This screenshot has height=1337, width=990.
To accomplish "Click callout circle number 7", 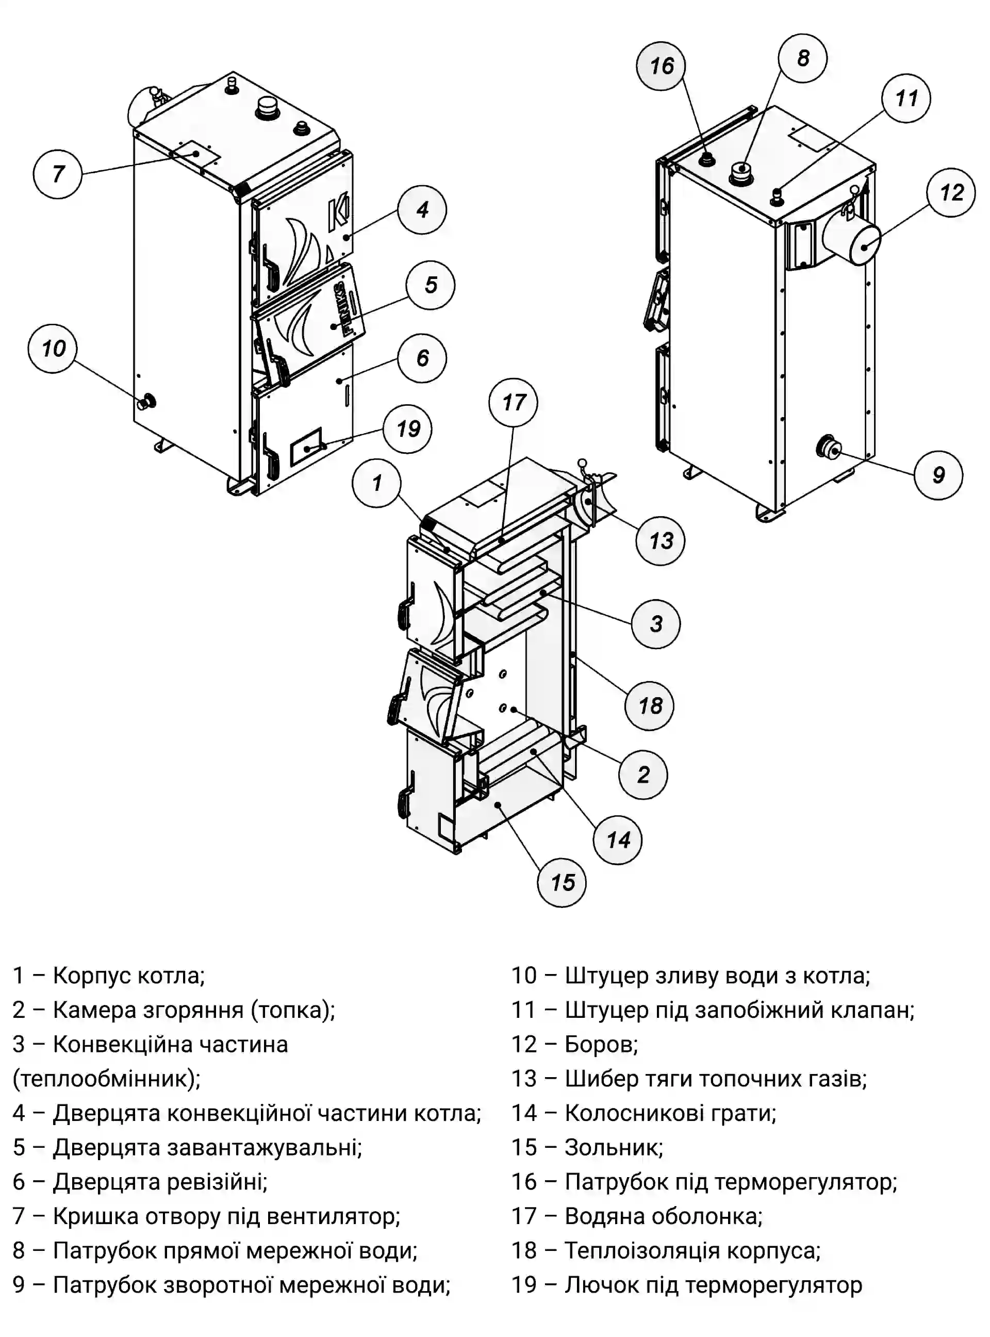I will (58, 174).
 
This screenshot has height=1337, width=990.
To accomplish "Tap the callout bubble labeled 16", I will (661, 66).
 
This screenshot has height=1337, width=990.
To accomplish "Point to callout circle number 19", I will (408, 429).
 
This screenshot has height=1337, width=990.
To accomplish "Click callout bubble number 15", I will (562, 883).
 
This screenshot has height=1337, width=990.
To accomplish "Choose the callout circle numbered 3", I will (656, 624).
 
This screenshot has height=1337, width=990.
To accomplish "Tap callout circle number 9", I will (938, 475).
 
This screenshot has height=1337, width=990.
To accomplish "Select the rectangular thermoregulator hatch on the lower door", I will (306, 447).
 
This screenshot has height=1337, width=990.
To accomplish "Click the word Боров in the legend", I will (601, 1045).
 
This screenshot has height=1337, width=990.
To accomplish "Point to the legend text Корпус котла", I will (129, 976).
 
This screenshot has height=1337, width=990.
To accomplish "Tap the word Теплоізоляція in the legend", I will (642, 1251).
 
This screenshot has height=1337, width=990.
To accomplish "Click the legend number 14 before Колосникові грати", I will (524, 1113).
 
